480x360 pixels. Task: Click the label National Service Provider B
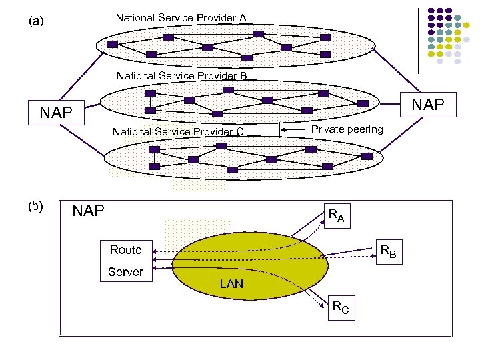point(181,76)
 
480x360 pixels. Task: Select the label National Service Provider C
point(177,131)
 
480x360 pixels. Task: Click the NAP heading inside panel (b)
point(89,211)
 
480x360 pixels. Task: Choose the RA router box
point(336,216)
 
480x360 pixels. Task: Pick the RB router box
point(387,252)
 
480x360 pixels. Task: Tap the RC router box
point(340,308)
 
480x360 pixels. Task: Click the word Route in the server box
point(126,250)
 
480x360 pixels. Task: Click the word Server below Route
point(126,271)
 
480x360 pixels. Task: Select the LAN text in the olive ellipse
point(231,284)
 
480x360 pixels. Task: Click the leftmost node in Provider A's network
point(112,44)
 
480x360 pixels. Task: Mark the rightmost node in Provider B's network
point(363,103)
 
